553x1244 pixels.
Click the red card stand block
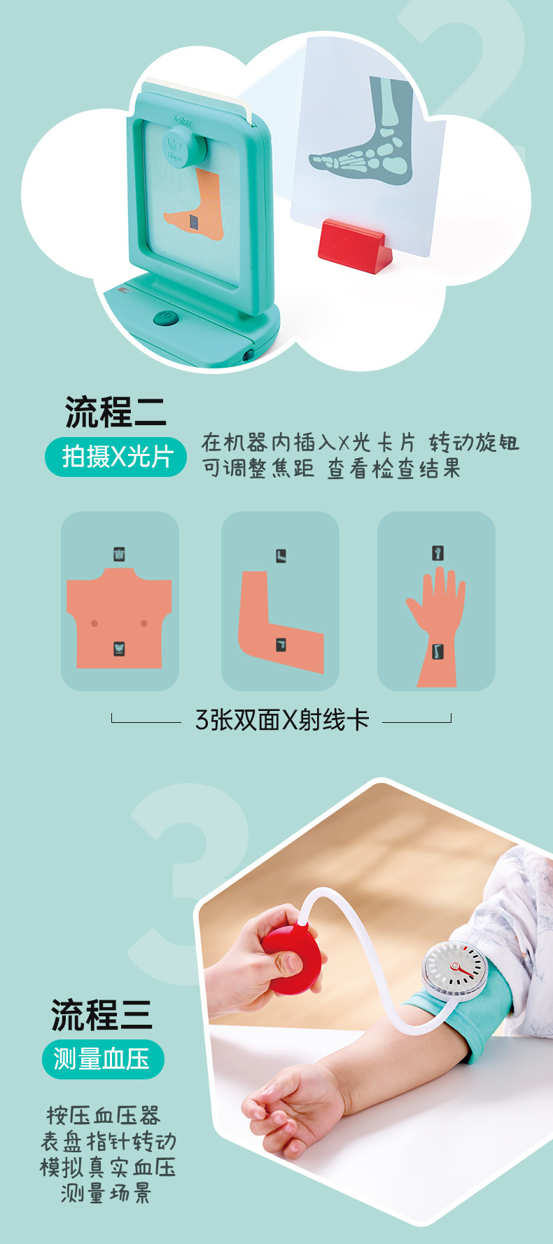coord(354,246)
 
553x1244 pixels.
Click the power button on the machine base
coord(165,319)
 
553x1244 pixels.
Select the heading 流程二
coord(115,411)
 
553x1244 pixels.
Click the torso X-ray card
coord(120,601)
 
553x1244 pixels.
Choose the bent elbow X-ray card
coord(280,601)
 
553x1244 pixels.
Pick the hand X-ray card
coord(436,601)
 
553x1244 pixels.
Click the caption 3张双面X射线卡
coord(281,719)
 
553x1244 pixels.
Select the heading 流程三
coord(101,1015)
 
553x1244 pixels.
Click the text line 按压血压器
coord(104,1115)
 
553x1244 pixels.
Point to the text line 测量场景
coord(106,1193)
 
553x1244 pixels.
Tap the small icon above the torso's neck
coord(120,554)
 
